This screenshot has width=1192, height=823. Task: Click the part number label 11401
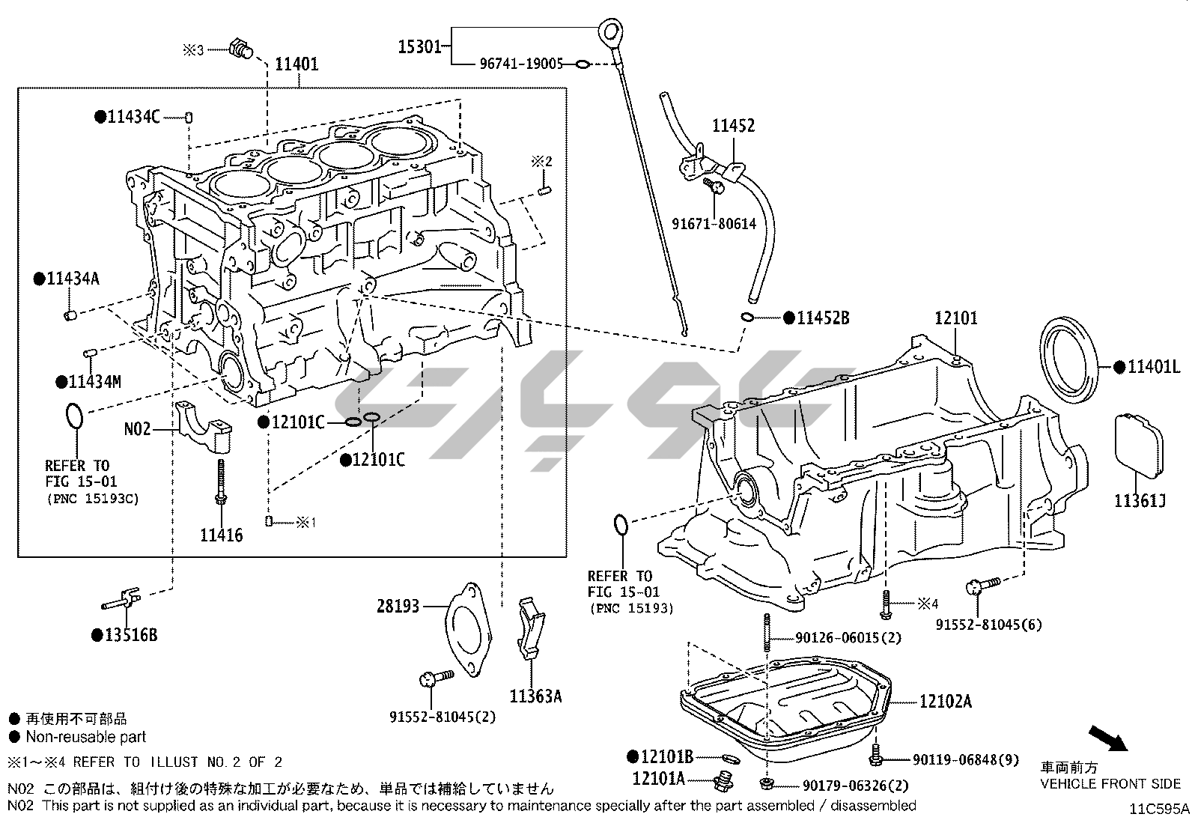pyautogui.click(x=297, y=64)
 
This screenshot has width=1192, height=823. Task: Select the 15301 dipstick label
pyautogui.click(x=419, y=46)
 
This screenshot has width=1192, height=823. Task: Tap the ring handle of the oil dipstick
pyautogui.click(x=612, y=32)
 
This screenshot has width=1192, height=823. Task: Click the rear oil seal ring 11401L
pyautogui.click(x=1071, y=362)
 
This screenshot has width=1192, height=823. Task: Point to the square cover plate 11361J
pyautogui.click(x=1140, y=446)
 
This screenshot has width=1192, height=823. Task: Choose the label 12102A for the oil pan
pyautogui.click(x=946, y=702)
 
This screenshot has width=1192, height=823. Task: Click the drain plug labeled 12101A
pyautogui.click(x=723, y=781)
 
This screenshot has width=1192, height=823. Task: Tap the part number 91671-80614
pyautogui.click(x=714, y=223)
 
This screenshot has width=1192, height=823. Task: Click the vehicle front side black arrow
pyautogui.click(x=1107, y=738)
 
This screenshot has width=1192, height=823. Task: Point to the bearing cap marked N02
pyautogui.click(x=204, y=428)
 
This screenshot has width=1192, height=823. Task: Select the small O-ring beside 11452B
pyautogui.click(x=747, y=317)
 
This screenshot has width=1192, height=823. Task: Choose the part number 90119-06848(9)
pyautogui.click(x=966, y=760)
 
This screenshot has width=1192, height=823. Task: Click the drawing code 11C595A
pyautogui.click(x=1159, y=810)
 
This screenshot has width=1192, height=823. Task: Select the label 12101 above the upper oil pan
pyautogui.click(x=955, y=319)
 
